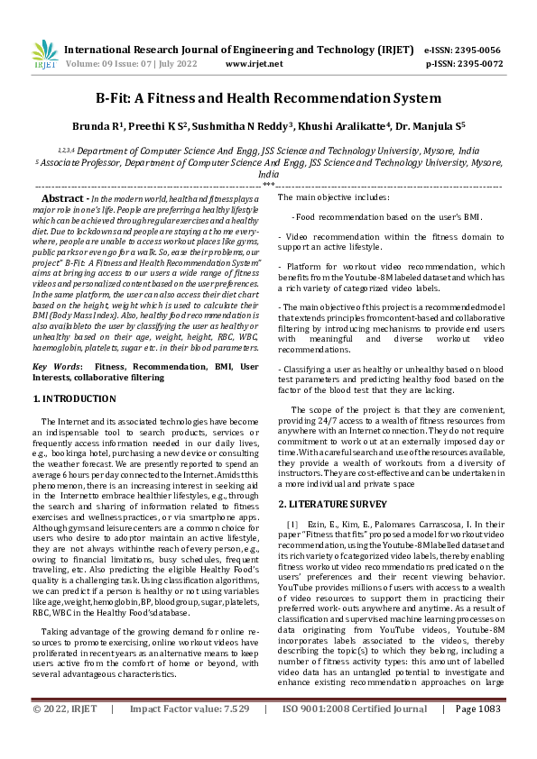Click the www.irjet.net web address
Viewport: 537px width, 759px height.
[249, 64]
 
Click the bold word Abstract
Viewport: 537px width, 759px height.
[63, 197]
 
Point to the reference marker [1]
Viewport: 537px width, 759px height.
[292, 525]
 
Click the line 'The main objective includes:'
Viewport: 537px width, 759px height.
[333, 197]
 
